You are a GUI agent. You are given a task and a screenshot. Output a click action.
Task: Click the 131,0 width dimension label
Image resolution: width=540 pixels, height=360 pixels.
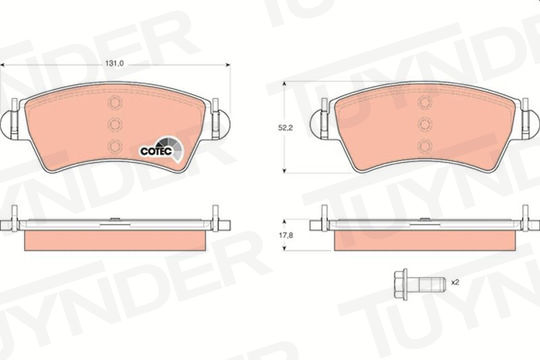[x=114, y=64]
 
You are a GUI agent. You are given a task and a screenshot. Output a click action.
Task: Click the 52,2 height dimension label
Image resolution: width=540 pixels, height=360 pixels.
[x=285, y=128]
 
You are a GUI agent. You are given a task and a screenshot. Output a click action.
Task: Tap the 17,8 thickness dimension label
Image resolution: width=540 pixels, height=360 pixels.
[x=285, y=235]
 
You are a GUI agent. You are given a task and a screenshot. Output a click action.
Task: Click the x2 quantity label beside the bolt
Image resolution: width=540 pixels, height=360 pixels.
[x=455, y=282]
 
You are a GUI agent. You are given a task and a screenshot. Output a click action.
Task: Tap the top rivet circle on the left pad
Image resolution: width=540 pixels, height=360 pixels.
[x=115, y=102]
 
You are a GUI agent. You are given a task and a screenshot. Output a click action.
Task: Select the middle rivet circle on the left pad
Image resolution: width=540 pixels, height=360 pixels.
[x=115, y=124]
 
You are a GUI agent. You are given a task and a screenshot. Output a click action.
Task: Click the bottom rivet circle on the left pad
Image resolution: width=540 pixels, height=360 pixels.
[x=115, y=146]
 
